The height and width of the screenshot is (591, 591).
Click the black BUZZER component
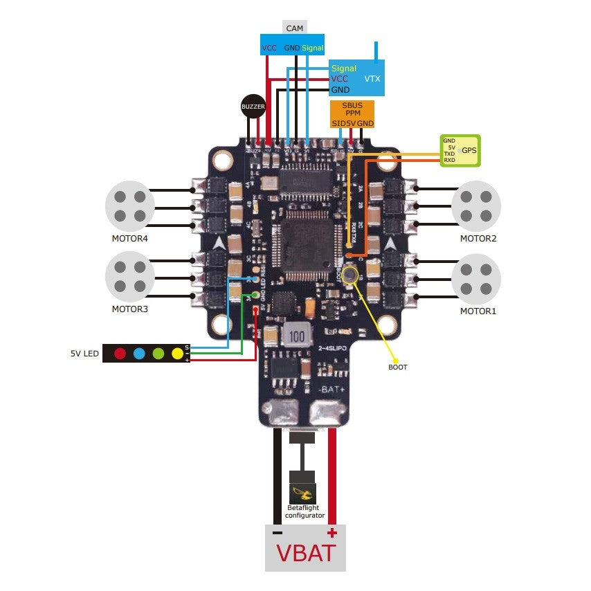point(253,107)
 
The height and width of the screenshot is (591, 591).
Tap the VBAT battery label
point(306,553)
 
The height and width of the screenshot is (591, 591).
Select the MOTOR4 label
point(130,239)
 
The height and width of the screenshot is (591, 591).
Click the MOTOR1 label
point(478,311)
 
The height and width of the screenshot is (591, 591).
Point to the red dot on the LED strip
point(120,354)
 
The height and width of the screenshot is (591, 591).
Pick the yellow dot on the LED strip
point(177,354)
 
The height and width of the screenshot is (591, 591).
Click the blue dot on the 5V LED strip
point(139,354)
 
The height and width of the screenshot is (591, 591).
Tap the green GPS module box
point(462,150)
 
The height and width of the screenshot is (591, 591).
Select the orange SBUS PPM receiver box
point(352,114)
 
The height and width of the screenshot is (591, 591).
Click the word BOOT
point(398,367)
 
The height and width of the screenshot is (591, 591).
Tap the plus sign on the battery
point(332,532)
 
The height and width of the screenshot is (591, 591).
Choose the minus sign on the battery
point(277,533)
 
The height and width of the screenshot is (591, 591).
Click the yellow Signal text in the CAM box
point(313,48)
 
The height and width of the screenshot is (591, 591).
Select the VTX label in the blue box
point(372,79)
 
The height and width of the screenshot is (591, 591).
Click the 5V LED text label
point(84,354)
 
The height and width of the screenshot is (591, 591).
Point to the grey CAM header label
point(295,28)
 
